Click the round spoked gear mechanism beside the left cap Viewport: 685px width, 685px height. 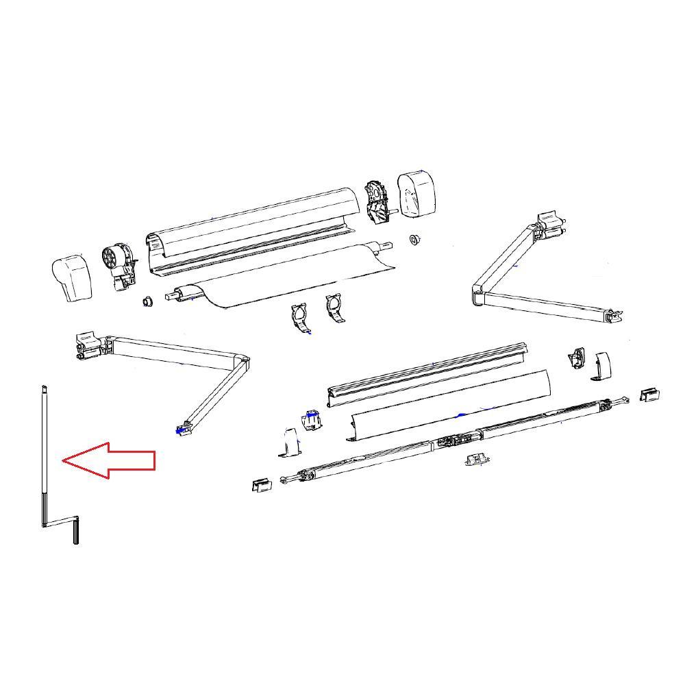112,260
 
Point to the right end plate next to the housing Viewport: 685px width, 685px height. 376,201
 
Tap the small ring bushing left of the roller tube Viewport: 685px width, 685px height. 146,302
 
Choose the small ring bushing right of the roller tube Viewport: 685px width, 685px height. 414,239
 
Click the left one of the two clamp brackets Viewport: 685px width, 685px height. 301,318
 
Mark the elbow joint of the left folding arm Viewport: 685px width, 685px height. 240,361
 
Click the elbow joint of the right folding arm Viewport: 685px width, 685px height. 477,296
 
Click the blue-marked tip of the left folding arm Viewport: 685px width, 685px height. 182,430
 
